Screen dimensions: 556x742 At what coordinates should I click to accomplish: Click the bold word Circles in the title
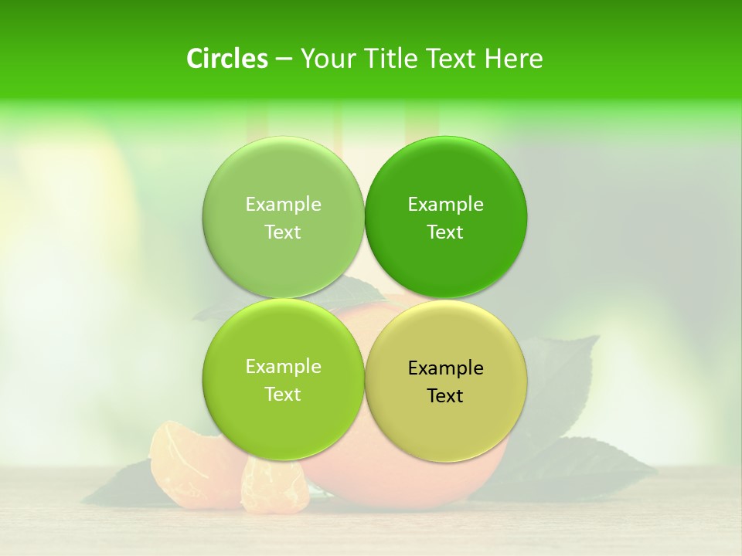(x=227, y=59)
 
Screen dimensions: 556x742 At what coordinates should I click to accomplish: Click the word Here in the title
(x=514, y=59)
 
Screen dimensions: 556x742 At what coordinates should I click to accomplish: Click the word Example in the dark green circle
(x=445, y=205)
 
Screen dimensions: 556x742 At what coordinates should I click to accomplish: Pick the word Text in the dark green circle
(x=445, y=232)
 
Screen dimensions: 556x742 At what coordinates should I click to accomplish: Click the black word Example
(x=445, y=368)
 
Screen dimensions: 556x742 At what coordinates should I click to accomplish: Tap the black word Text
(x=445, y=396)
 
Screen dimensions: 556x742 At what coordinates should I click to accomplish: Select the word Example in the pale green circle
(x=283, y=205)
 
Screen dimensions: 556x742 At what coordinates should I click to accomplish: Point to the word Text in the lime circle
(x=283, y=395)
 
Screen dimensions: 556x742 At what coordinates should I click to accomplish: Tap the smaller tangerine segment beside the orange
(x=274, y=486)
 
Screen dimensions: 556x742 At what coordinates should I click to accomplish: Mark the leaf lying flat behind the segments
(x=124, y=486)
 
